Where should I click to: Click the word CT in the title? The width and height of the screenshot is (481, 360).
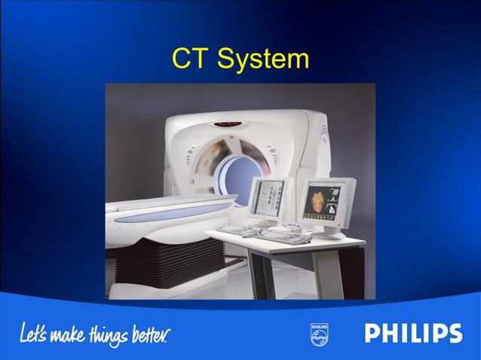coord(188,59)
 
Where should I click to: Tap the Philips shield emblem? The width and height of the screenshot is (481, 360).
coord(319,334)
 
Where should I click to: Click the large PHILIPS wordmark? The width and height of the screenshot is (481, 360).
coord(413,334)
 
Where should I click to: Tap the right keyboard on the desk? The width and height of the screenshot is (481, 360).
coord(285,236)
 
